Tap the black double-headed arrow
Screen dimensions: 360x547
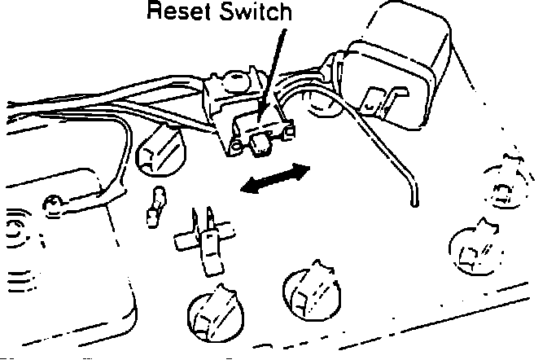click(x=276, y=178)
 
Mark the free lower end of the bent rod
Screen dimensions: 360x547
click(x=414, y=204)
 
